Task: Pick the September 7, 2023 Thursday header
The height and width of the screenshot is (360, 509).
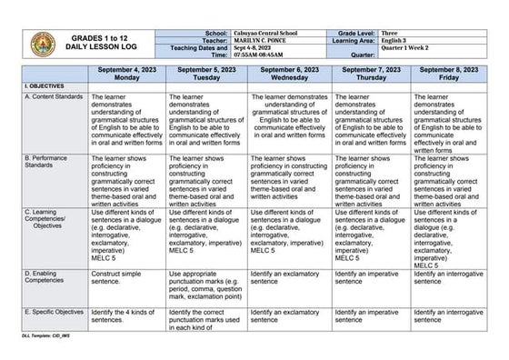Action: (x=371, y=74)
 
